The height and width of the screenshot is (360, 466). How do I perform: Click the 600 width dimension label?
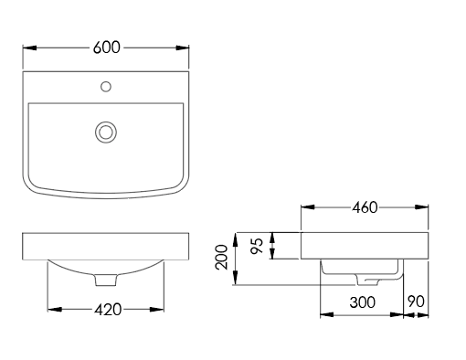point(107,48)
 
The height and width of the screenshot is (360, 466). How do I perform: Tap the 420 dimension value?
point(108,310)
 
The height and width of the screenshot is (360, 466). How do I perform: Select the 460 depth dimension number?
point(365,207)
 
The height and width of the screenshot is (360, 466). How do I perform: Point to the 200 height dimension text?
point(221,257)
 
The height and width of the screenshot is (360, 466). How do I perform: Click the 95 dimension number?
point(257,246)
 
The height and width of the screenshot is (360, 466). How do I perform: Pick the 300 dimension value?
point(363,302)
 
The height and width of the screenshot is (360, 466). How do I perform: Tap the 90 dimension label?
point(416,302)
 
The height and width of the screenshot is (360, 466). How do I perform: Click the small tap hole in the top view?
point(106,87)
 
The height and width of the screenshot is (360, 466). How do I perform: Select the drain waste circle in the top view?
point(106,132)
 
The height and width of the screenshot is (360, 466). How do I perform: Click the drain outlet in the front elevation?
point(106,280)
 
